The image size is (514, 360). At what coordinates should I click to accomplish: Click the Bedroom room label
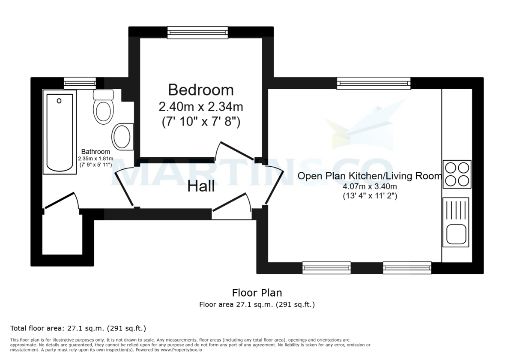point(201,90)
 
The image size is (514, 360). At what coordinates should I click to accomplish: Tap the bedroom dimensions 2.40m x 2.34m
point(201,106)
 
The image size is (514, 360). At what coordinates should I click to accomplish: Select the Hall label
point(201,187)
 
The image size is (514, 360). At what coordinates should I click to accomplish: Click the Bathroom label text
point(96,152)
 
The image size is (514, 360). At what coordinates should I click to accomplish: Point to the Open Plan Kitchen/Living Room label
point(369,176)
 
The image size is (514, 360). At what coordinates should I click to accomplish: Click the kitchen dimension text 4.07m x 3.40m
point(370,186)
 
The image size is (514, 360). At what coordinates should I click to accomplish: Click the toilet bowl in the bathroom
point(104,111)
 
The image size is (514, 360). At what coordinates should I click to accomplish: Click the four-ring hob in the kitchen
point(457,174)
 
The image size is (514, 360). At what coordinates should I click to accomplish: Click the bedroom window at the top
point(197,33)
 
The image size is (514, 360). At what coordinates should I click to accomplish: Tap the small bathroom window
point(80,82)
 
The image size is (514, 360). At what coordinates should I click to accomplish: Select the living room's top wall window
point(374,83)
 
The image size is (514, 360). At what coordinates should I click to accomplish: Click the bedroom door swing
point(235,151)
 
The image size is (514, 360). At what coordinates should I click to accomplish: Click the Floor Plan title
point(257,293)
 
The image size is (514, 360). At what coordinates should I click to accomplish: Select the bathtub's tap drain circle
point(59,101)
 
